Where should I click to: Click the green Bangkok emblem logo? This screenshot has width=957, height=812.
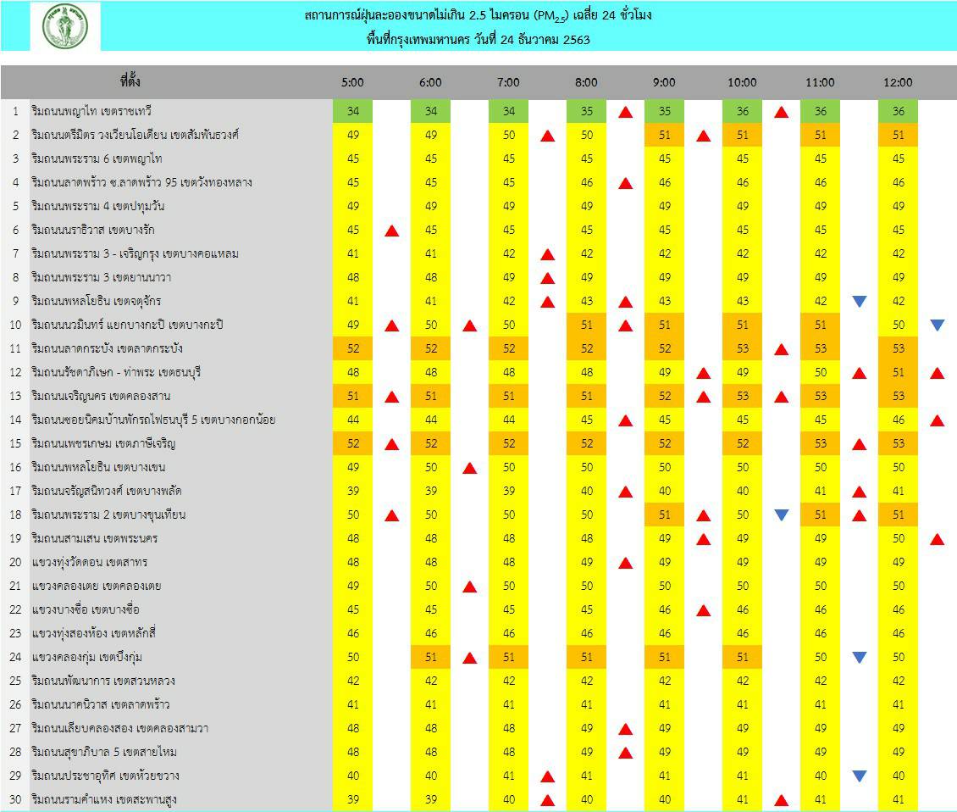64,25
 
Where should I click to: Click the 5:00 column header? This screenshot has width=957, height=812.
353,82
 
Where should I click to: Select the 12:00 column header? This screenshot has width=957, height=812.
898,82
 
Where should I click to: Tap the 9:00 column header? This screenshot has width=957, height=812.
664,82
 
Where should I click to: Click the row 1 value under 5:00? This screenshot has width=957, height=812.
353,111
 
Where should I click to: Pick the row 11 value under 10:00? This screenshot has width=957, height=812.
742,348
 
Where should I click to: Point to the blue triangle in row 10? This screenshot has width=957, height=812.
937,325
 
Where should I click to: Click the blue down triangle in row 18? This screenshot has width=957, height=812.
781,514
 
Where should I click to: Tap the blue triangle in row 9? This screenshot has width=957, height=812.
859,301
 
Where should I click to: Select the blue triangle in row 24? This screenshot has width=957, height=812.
859,657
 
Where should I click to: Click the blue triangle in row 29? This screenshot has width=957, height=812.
859,776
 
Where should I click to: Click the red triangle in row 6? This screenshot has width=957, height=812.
391,230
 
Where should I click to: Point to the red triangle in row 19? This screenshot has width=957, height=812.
937,538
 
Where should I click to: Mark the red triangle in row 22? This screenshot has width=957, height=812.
703,609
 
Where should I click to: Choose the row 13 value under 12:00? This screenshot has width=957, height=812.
898,396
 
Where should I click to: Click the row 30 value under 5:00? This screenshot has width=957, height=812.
353,799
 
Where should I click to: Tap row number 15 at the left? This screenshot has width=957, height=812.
15,443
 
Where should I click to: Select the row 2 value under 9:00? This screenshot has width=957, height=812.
664,135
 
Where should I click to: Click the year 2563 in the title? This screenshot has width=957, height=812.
576,39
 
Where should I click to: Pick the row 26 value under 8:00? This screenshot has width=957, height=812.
586,704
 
